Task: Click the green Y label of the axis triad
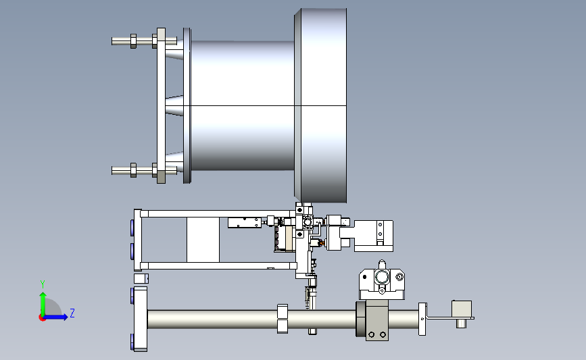[x=42, y=284]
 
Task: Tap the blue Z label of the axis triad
[x=72, y=313]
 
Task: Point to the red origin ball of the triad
[x=42, y=318]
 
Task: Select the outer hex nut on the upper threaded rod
[x=133, y=41]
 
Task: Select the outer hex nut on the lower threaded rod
[x=133, y=170]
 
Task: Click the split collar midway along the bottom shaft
[x=283, y=319]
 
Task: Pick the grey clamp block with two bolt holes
[x=376, y=320]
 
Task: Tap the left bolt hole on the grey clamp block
[x=372, y=334]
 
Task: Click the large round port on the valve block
[x=382, y=278]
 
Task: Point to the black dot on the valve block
[x=365, y=277]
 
